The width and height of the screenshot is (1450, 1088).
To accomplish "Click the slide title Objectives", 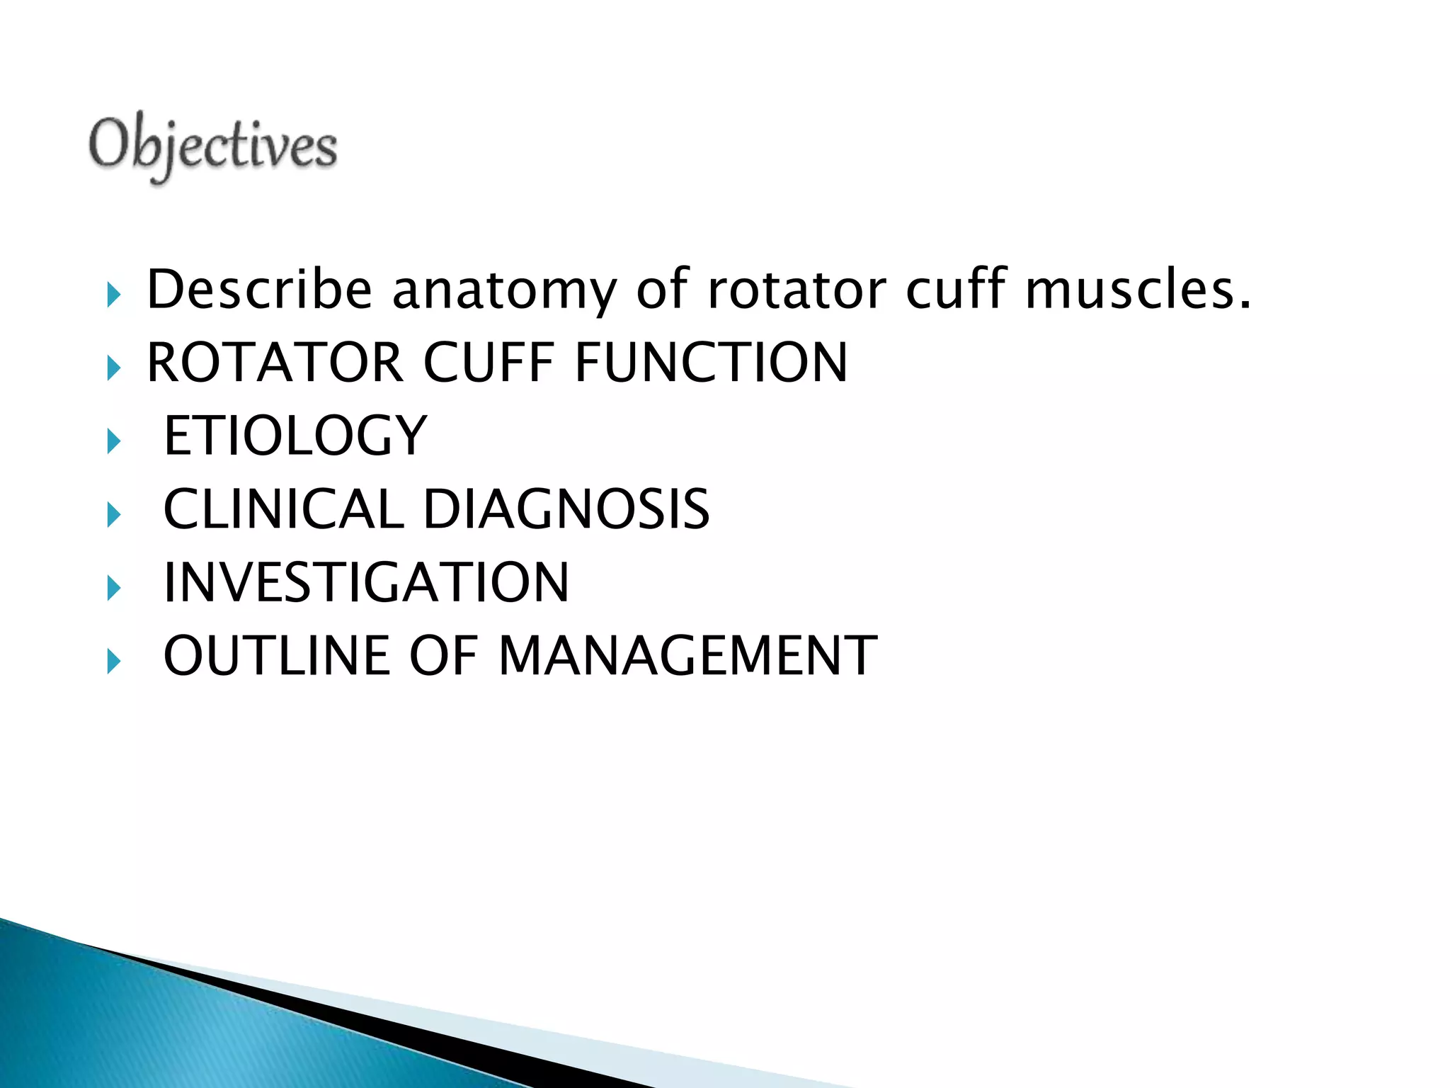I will click(x=212, y=147).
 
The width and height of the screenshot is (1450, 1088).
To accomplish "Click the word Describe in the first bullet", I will click(x=259, y=290).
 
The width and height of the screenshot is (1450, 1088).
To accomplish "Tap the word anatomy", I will click(x=504, y=291).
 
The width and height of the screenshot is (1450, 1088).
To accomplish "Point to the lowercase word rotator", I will click(x=796, y=290).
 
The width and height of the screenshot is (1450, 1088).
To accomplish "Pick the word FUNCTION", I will click(x=711, y=363).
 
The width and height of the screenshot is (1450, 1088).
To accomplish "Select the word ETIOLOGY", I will click(x=295, y=436).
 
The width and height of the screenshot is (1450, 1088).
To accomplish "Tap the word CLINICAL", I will click(x=283, y=509).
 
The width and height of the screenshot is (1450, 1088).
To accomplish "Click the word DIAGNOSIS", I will click(x=566, y=509).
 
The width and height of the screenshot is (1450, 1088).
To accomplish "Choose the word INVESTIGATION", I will click(x=366, y=582).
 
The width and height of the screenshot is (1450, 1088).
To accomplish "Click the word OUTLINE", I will click(x=277, y=656).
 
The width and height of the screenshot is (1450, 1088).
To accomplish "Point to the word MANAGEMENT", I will click(x=687, y=656).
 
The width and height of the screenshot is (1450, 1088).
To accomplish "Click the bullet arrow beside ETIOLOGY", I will click(x=114, y=442).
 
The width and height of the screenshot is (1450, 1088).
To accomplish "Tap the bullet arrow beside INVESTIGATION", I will click(x=114, y=589).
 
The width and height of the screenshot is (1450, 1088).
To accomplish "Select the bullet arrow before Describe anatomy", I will click(x=114, y=295).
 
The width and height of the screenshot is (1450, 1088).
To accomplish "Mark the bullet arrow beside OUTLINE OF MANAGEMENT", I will click(x=114, y=662).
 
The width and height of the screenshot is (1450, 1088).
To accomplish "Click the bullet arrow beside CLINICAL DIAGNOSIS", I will click(x=114, y=515).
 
